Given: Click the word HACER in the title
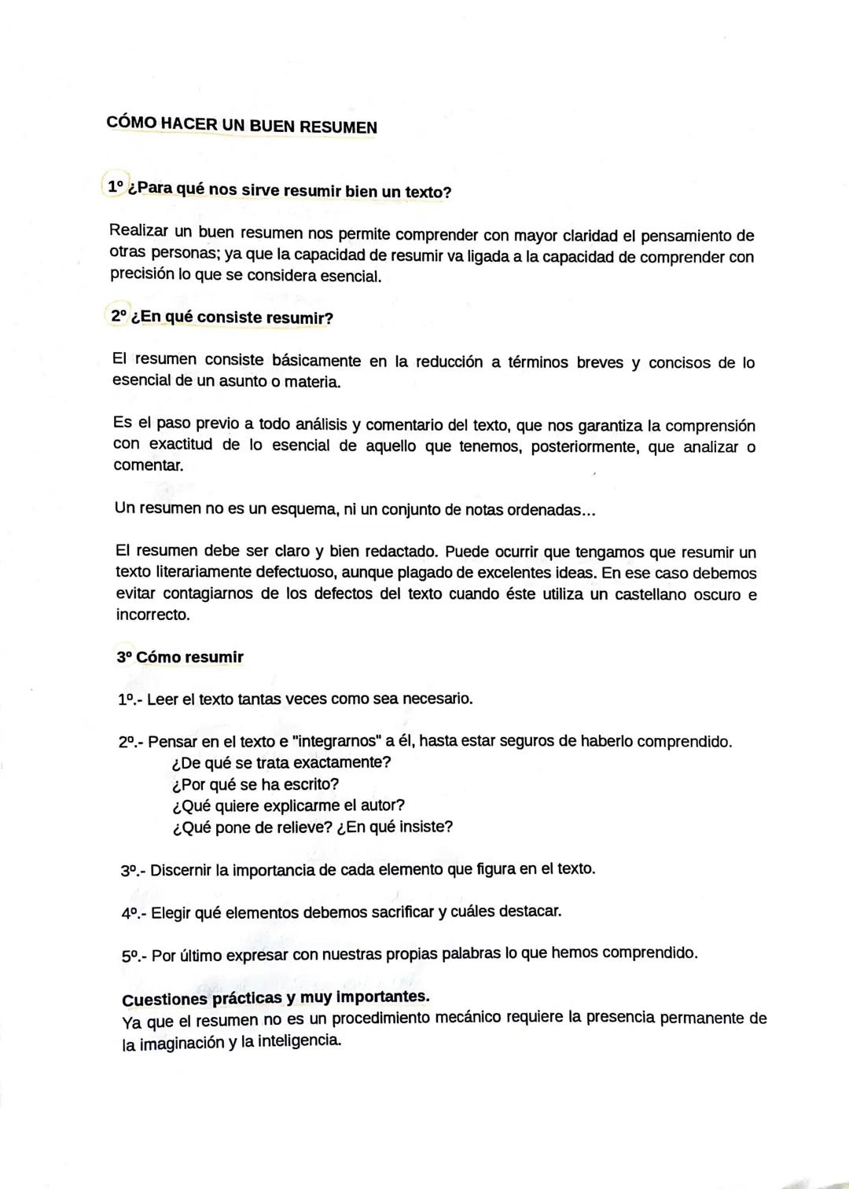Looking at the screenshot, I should [x=189, y=125].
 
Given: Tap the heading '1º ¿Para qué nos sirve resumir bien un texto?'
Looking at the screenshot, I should [x=279, y=190].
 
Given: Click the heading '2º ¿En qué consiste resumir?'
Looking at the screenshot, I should [x=222, y=317].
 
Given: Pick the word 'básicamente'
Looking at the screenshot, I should [x=316, y=361].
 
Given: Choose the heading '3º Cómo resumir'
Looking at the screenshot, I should [x=180, y=657].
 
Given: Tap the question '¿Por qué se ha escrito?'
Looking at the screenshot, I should [x=255, y=784].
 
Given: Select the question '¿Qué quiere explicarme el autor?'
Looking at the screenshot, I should [x=288, y=806].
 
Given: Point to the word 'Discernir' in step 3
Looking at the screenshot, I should [x=181, y=870].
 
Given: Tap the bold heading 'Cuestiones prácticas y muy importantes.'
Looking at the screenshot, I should [x=276, y=998].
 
